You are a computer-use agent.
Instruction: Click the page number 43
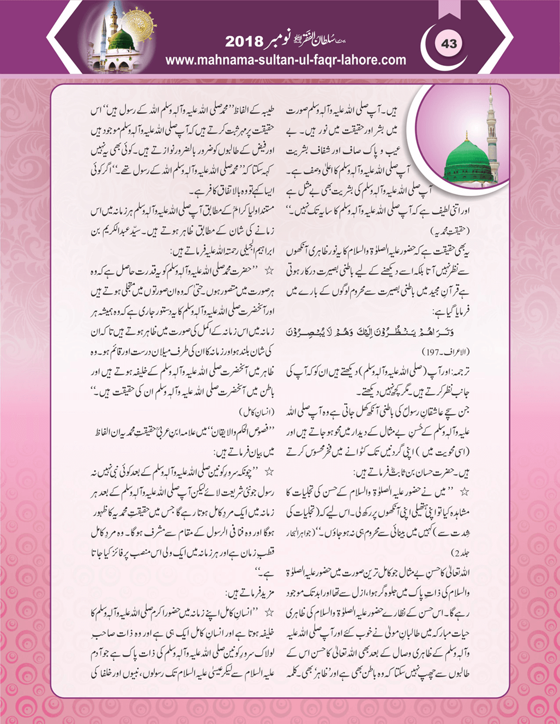(x=449, y=44)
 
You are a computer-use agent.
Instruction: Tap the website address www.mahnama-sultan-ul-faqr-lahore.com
(x=285, y=60)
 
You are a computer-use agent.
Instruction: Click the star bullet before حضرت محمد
(x=268, y=269)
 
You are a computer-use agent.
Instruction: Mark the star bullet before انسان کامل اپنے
(x=268, y=612)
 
